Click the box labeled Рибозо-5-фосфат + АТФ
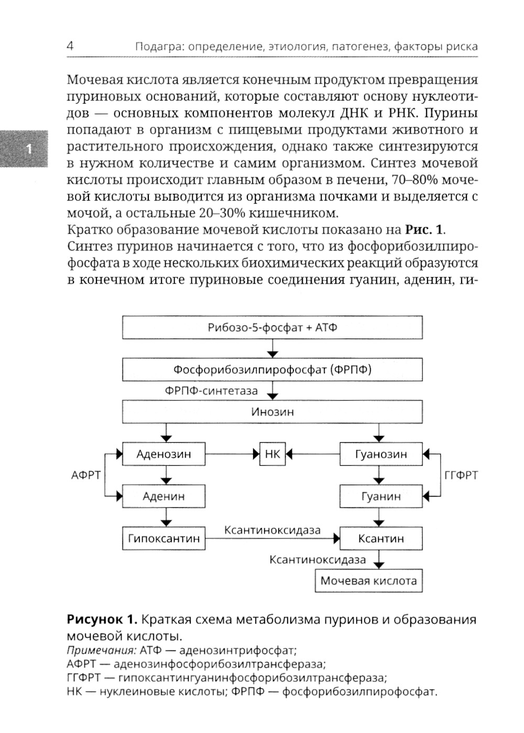tap(272, 328)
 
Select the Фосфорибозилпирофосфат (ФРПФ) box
tap(272, 370)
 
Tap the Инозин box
tap(272, 412)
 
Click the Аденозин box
tap(163, 454)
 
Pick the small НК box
tap(272, 454)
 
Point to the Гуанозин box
tap(381, 454)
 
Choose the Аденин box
tap(163, 496)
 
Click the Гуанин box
tap(381, 496)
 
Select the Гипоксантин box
tap(163, 539)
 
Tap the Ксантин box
tap(381, 539)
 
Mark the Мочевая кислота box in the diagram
tap(368, 581)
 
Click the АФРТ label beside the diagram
tap(86, 475)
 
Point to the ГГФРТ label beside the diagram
tap(461, 475)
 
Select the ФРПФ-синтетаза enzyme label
tap(211, 391)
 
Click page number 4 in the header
tap(70, 46)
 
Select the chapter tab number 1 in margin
tap(29, 149)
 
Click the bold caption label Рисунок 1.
tap(102, 620)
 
